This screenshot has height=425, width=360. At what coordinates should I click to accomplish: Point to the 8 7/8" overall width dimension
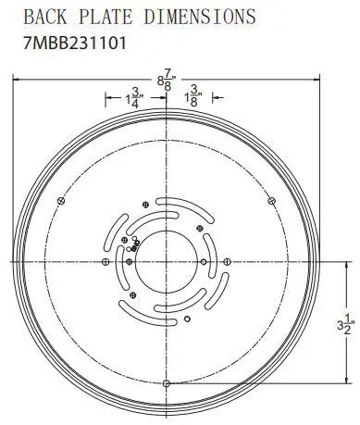click(x=165, y=81)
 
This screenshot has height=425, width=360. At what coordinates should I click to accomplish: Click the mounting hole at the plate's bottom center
click(x=166, y=382)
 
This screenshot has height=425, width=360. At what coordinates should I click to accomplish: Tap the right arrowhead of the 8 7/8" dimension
click(x=315, y=81)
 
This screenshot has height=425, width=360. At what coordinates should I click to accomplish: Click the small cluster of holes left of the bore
click(x=132, y=244)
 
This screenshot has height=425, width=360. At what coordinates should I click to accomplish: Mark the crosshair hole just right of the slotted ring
click(x=227, y=261)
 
